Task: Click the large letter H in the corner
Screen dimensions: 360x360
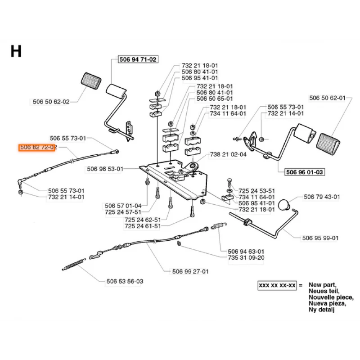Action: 16,51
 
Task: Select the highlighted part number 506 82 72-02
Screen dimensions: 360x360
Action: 37,147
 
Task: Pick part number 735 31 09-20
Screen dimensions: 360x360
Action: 246,257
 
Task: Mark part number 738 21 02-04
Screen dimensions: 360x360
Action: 228,154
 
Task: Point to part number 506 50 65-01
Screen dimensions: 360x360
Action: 215,98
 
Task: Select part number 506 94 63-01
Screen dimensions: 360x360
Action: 246,251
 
